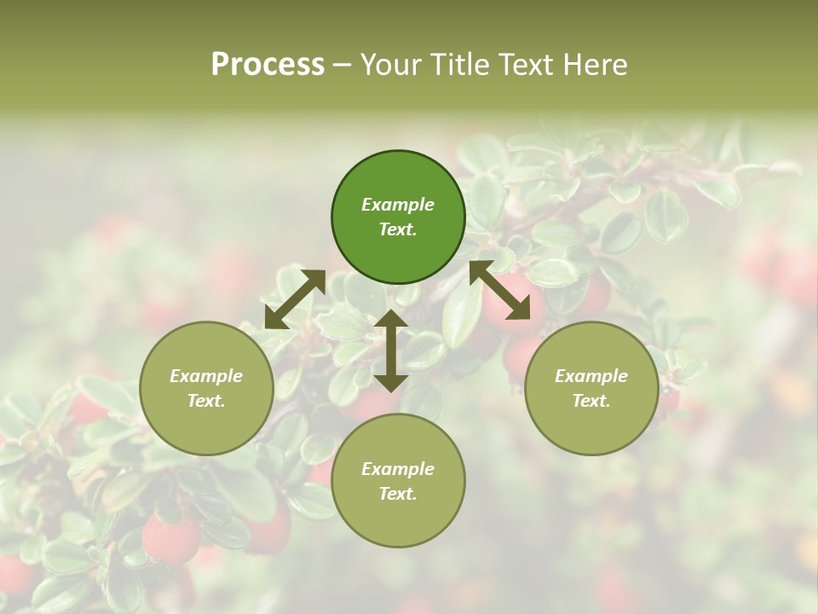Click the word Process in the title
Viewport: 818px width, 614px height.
(x=268, y=65)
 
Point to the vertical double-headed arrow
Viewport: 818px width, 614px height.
(x=391, y=350)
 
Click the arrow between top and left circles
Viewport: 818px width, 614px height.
(x=295, y=298)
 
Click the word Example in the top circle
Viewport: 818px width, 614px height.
(x=398, y=205)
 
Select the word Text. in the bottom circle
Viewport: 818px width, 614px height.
(x=398, y=494)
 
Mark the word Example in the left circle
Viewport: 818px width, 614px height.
(x=206, y=376)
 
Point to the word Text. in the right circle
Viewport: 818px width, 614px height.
(x=591, y=401)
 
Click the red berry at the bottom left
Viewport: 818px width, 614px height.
(x=170, y=539)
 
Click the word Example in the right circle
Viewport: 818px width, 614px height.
(x=591, y=376)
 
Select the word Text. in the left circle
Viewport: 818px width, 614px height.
(x=206, y=401)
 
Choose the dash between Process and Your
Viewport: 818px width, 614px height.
(x=343, y=66)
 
